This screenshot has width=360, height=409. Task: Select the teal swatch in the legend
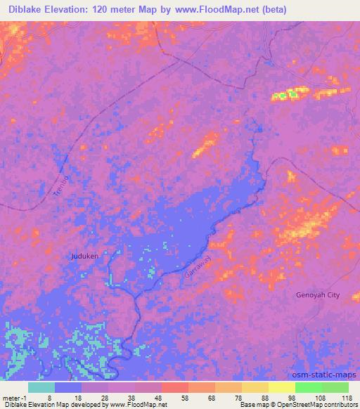click(41, 387)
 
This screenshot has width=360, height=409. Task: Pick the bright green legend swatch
click(309, 387)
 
